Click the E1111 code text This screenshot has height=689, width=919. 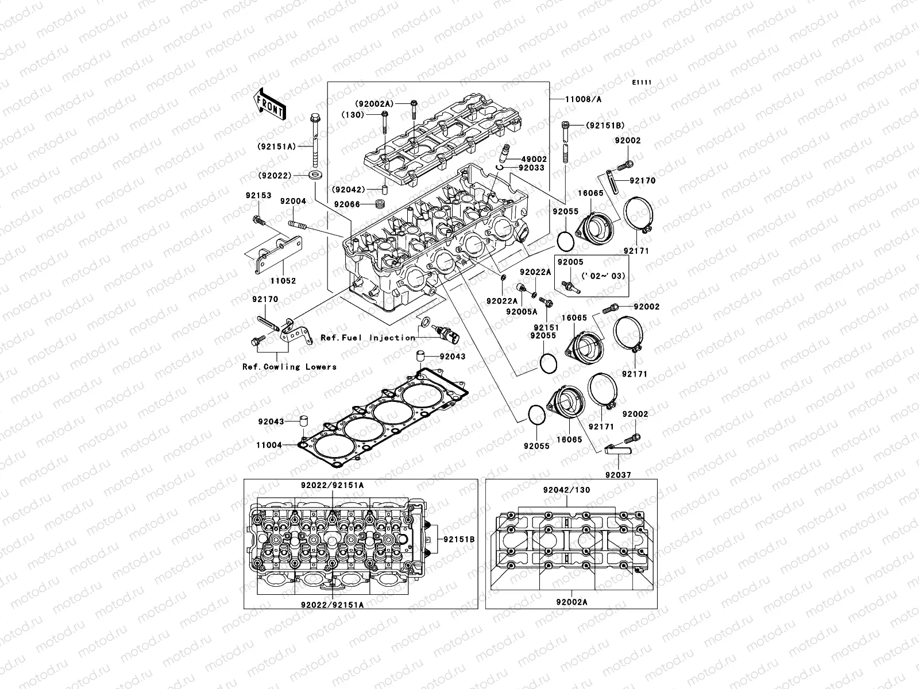pyautogui.click(x=642, y=83)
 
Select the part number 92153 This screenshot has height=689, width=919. pyautogui.click(x=256, y=196)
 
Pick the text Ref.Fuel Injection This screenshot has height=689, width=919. pyautogui.click(x=368, y=338)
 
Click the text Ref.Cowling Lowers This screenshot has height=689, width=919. pyautogui.click(x=289, y=366)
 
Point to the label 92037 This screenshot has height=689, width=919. pyautogui.click(x=617, y=475)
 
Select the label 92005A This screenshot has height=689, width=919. pyautogui.click(x=522, y=311)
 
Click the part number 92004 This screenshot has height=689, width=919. pyautogui.click(x=293, y=202)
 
